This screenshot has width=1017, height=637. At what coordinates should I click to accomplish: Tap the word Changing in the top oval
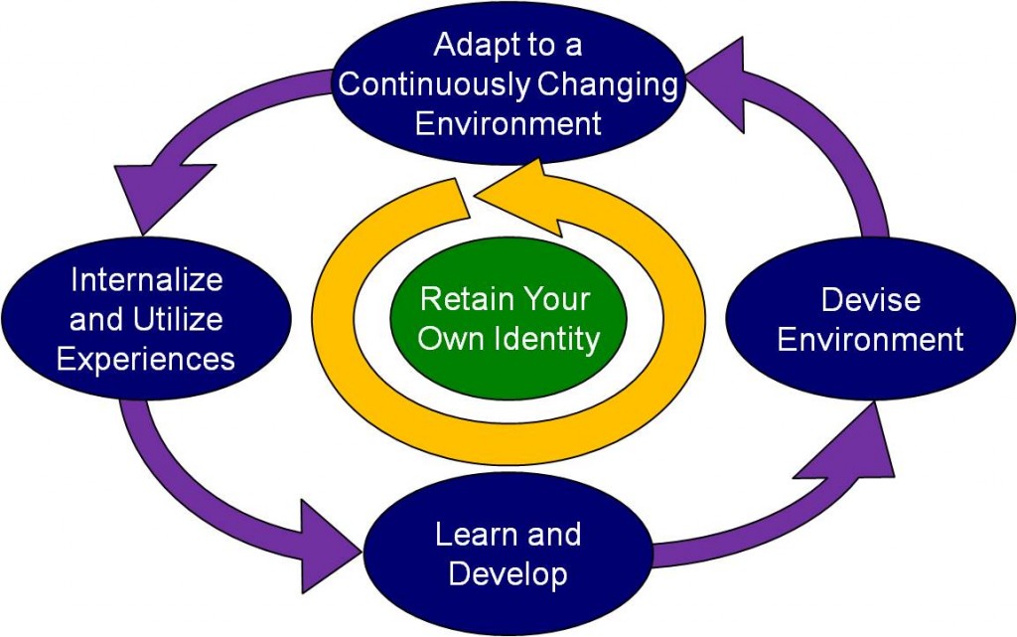click(x=608, y=84)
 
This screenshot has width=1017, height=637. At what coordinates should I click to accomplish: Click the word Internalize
click(x=147, y=280)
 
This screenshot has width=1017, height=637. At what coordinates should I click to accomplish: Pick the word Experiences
click(x=146, y=359)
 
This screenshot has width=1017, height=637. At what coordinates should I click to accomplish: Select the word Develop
click(x=508, y=573)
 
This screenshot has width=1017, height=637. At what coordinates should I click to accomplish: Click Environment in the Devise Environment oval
click(x=870, y=340)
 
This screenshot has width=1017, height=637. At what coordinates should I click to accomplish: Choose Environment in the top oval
click(x=508, y=124)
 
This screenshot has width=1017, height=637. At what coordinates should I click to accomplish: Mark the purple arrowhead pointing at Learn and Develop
click(x=328, y=537)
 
